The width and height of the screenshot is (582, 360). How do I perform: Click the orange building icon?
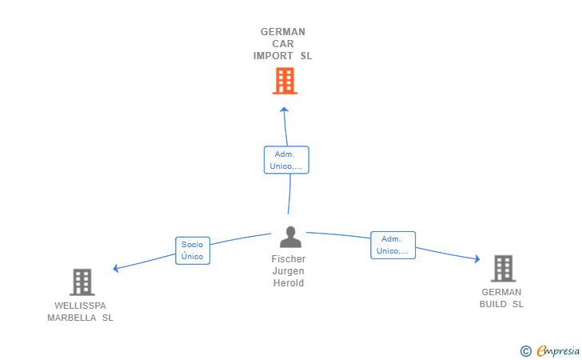pos(285,81)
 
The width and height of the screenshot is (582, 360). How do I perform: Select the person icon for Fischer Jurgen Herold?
pos(290,237)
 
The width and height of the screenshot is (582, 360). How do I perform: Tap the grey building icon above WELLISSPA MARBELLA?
pos(82,282)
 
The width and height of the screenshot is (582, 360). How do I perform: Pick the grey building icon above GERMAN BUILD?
pos(504,268)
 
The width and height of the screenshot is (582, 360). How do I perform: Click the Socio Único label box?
pos(193,250)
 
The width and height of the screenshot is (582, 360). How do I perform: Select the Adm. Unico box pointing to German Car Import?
pos(286,160)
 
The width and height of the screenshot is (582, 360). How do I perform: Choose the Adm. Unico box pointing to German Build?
pos(393,246)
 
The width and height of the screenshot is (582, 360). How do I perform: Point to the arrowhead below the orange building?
pos(285,110)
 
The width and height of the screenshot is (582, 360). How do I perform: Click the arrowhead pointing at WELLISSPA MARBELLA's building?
pos(116,268)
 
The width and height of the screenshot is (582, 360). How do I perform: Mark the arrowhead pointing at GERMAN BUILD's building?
pos(477,258)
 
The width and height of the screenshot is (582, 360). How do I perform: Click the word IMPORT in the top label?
pos(273,56)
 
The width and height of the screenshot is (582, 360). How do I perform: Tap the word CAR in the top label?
pos(283,44)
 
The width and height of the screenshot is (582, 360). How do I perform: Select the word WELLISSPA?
pos(80,306)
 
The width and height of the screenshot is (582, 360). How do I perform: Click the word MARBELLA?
pos(72,318)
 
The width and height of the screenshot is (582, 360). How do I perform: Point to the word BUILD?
pos(493,304)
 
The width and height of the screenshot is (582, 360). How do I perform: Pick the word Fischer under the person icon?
pos(289,259)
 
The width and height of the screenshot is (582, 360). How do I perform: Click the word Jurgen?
pos(289,271)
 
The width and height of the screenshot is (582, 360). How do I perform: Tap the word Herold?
pos(289,283)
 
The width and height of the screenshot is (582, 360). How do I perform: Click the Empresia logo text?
pos(558,350)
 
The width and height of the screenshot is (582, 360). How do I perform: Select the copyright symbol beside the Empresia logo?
pos(526,351)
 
